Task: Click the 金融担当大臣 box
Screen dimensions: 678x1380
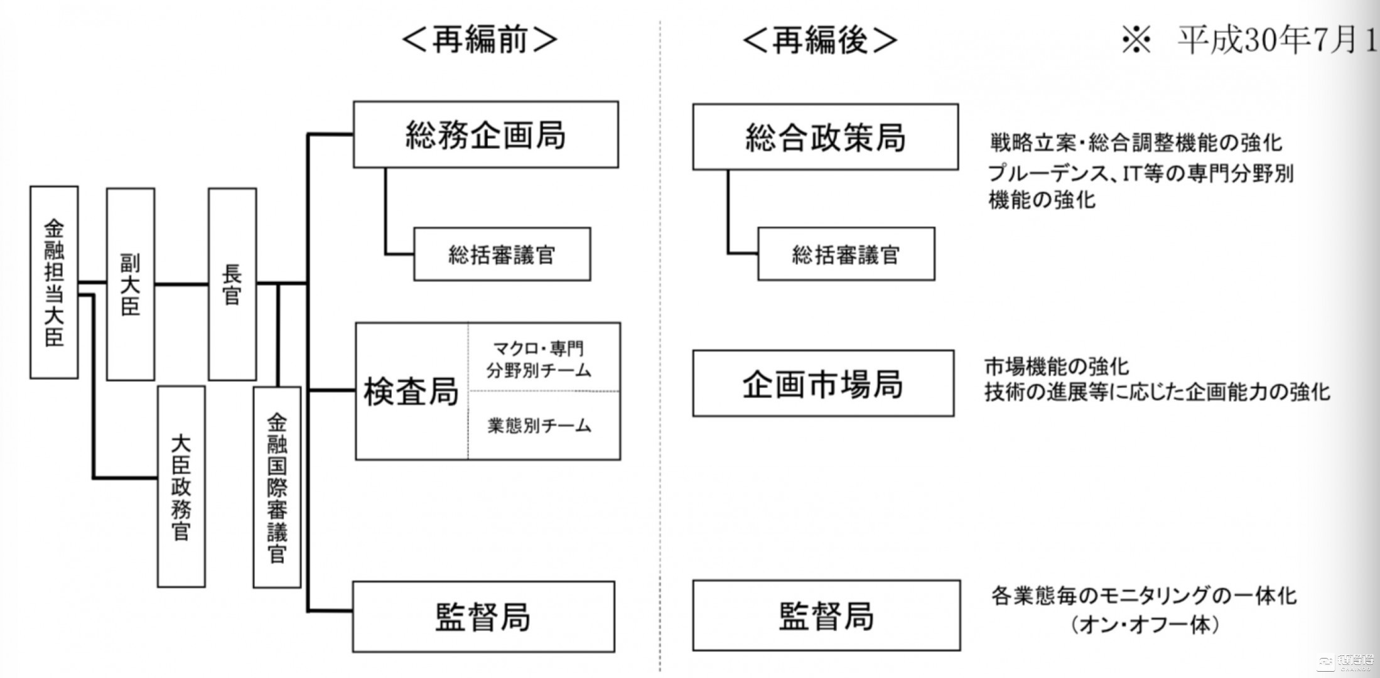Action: pyautogui.click(x=54, y=282)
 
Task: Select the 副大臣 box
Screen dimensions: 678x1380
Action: pyautogui.click(x=131, y=284)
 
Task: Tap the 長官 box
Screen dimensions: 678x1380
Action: pyautogui.click(x=232, y=284)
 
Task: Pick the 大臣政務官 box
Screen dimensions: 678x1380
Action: pyautogui.click(x=181, y=487)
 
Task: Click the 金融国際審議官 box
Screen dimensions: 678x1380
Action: pyautogui.click(x=277, y=487)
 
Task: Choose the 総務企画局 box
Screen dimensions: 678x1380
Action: pyautogui.click(x=485, y=135)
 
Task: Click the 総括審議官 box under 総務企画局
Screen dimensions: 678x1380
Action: pyautogui.click(x=502, y=254)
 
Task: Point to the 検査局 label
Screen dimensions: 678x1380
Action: pyautogui.click(x=411, y=392)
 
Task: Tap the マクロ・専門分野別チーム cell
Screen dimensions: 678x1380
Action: pyautogui.click(x=539, y=359)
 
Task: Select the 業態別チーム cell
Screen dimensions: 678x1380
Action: pyautogui.click(x=539, y=426)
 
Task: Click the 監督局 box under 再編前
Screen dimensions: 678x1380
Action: pyautogui.click(x=483, y=616)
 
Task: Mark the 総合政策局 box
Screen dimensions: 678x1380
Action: pyautogui.click(x=825, y=137)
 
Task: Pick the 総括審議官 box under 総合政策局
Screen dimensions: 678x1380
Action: pyautogui.click(x=846, y=254)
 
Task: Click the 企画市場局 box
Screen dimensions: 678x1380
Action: pyautogui.click(x=822, y=384)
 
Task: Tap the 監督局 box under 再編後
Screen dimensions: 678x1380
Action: pyautogui.click(x=826, y=615)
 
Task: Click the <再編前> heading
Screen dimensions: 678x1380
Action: pyautogui.click(x=479, y=40)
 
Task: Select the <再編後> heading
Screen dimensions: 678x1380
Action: pyautogui.click(x=820, y=40)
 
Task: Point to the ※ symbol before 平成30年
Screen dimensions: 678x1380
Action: pyautogui.click(x=1136, y=41)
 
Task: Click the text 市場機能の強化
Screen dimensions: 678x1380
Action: pyautogui.click(x=1056, y=366)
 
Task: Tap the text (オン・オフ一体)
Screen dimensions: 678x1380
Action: pyautogui.click(x=1145, y=625)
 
